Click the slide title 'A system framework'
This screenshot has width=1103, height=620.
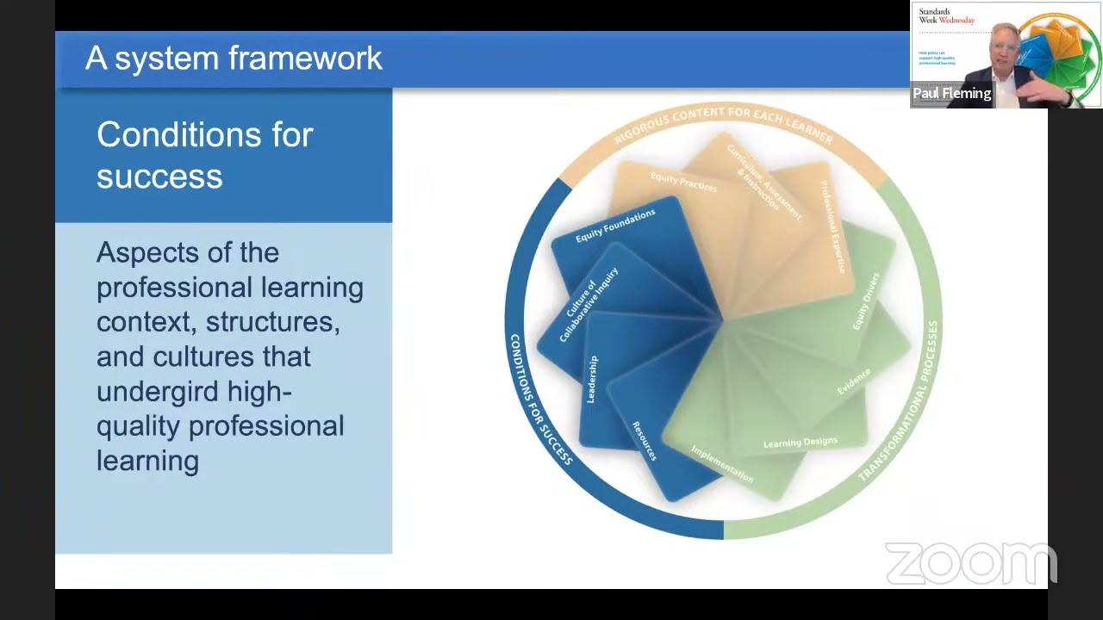click(234, 59)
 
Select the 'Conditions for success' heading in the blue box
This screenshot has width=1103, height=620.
click(204, 155)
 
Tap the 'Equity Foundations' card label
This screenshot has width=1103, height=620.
click(615, 225)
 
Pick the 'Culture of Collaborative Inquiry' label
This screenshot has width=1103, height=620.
click(590, 305)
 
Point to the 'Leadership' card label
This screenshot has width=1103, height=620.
click(592, 379)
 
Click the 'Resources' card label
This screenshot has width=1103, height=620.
click(645, 440)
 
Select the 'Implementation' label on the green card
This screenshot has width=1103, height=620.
click(722, 464)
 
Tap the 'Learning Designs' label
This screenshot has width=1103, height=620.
click(800, 443)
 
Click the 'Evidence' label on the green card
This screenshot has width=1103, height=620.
click(854, 381)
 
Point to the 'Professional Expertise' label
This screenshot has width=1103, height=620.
click(833, 227)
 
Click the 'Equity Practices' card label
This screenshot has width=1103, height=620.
click(683, 182)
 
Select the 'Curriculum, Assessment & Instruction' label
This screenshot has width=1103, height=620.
click(763, 182)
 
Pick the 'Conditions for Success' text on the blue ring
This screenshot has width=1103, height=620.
click(540, 400)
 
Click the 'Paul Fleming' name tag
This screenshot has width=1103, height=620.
click(952, 94)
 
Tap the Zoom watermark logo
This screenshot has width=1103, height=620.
click(970, 563)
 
